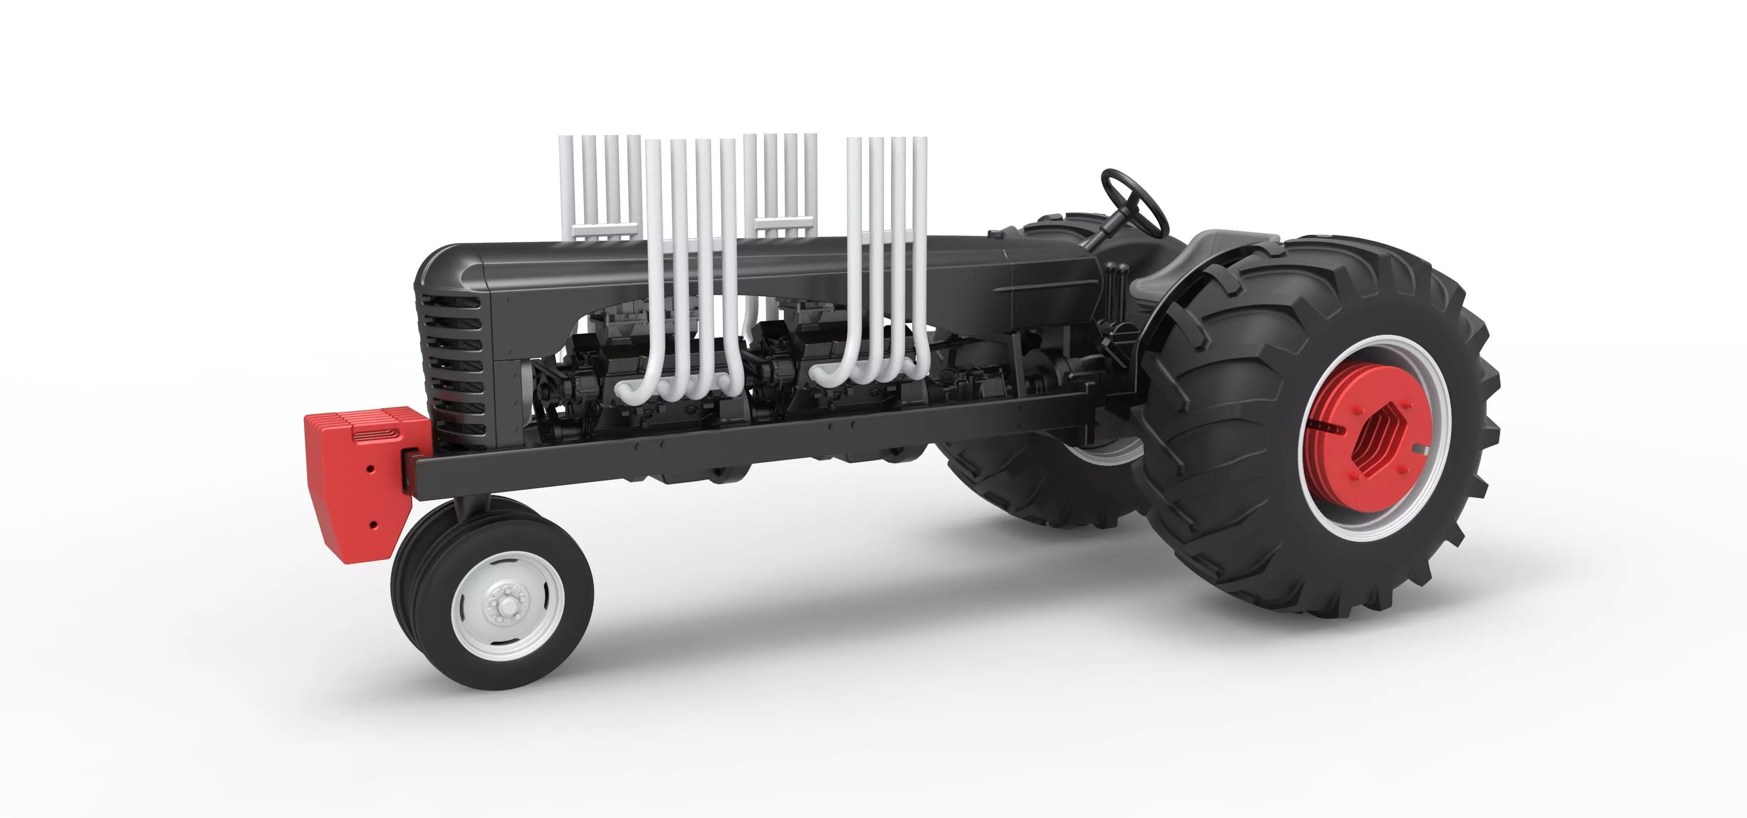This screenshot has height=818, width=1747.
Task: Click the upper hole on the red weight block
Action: pos(370,468)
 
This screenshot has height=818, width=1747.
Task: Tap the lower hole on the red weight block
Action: pos(372,524)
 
